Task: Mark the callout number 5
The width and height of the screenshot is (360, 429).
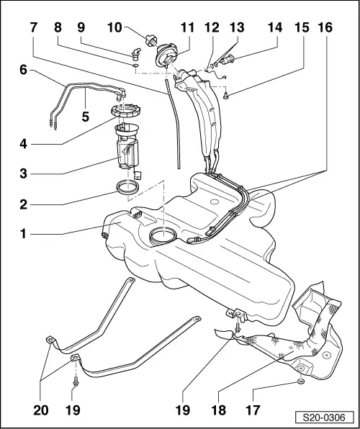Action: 86,117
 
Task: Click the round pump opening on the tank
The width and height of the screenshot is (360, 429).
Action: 164,235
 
